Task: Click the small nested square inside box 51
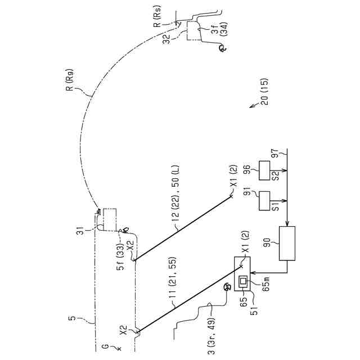pyautogui.click(x=244, y=281)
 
